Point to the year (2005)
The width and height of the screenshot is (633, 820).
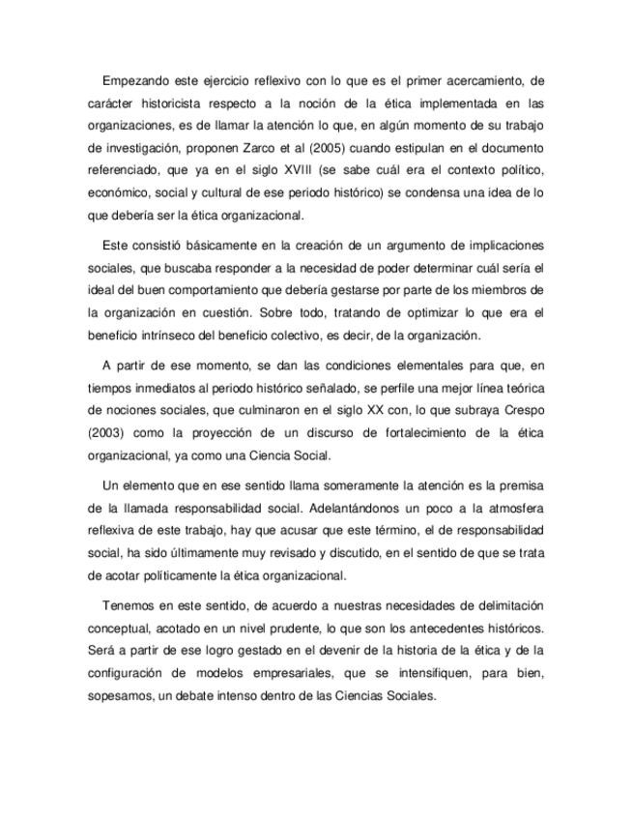(x=370, y=148)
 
